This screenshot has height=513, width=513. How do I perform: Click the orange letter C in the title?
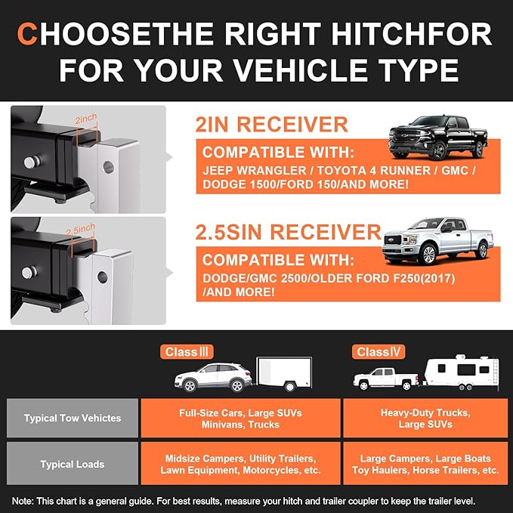[x=28, y=35]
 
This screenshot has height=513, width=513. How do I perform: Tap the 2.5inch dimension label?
[x=82, y=227]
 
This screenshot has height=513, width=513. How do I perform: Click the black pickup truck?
[x=437, y=137]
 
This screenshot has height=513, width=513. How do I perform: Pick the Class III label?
[x=187, y=352]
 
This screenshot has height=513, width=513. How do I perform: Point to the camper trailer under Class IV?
[x=459, y=373]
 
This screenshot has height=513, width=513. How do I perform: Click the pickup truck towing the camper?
[x=386, y=379]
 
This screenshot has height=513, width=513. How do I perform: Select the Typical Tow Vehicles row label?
[x=73, y=419]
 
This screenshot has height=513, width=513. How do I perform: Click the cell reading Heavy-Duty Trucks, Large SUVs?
[x=426, y=419]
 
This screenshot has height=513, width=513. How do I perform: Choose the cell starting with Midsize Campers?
[x=240, y=464]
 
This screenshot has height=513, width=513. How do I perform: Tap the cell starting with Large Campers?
[x=426, y=464]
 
